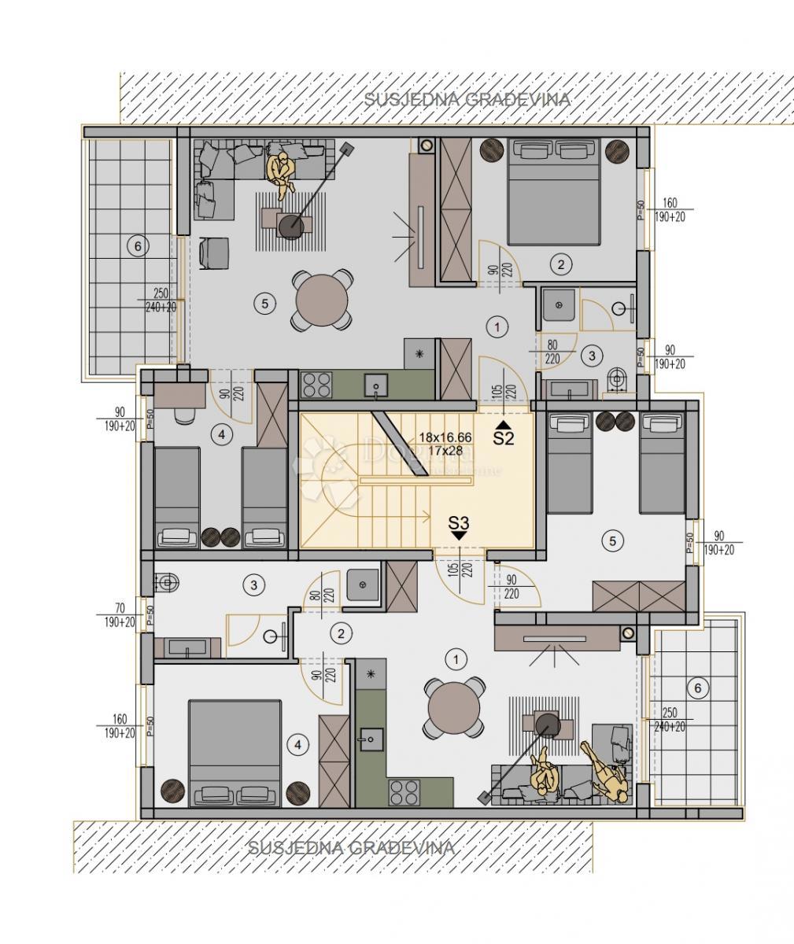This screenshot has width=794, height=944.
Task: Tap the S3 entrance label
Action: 459,522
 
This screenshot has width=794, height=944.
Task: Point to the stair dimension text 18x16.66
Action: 445,437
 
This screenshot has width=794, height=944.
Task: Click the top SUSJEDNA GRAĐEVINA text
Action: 467,100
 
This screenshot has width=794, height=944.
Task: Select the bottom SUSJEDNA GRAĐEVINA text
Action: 351,848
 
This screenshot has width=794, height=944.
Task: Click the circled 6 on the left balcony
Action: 138,247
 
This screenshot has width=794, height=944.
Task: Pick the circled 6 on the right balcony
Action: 696,688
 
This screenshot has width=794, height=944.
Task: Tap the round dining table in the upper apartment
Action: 322,300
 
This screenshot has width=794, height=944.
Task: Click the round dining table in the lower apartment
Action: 453,707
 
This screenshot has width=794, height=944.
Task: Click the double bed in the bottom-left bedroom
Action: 235,753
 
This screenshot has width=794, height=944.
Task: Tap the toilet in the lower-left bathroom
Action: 167,583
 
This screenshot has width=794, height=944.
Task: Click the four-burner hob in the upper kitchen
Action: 317,385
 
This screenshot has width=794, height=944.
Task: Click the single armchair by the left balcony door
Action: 214,253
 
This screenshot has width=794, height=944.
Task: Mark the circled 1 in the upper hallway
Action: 497,325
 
